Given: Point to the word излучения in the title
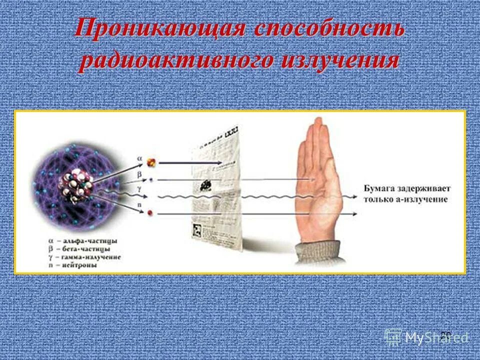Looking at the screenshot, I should [340, 60].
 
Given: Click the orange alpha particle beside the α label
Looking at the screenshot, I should [151, 162].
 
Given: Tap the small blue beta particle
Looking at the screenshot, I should [150, 178].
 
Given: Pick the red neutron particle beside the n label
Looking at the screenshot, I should [150, 213].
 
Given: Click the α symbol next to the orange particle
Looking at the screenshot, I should [139, 158].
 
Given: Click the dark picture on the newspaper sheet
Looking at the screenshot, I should [204, 184].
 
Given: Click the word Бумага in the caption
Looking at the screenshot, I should [377, 189].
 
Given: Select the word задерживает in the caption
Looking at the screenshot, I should [423, 189].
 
